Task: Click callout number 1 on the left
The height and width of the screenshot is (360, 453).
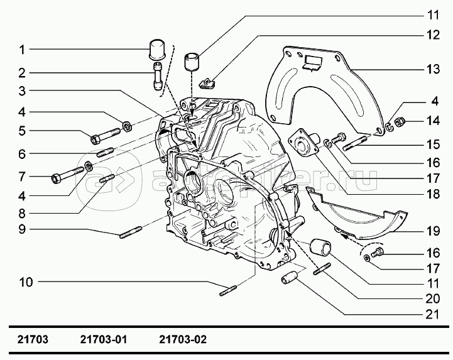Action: pos(22,50)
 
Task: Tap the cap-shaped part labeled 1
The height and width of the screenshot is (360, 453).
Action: pos(157,50)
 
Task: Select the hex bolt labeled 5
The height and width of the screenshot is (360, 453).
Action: pos(106,136)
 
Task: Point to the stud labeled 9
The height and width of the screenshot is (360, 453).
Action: pos(131,232)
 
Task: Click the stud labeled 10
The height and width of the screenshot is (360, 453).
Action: pos(228,291)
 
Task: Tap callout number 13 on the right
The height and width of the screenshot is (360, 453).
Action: pos(433,69)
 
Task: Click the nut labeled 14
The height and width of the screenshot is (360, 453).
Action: pos(400,123)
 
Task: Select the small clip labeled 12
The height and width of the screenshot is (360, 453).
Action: pos(208,84)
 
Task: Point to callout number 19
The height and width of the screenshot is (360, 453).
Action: pos(433,231)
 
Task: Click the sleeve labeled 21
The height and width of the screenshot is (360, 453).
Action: pos(289,277)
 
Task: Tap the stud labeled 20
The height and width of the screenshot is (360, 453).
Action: pos(322,268)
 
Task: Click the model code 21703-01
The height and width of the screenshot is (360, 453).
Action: pos(104,339)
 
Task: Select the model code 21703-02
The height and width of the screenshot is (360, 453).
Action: pos(183,339)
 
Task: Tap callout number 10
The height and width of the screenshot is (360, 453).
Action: pos(26,282)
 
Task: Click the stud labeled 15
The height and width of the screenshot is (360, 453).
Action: pos(355,144)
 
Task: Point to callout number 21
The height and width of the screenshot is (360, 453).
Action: pos(433,314)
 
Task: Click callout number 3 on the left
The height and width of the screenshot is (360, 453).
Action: pos(22,91)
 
